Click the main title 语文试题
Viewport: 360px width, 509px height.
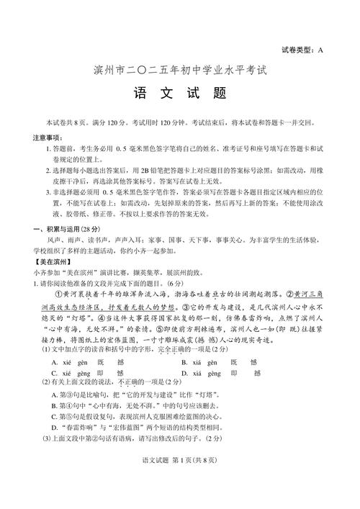(180, 95)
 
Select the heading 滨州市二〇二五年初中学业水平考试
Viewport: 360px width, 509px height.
(180, 71)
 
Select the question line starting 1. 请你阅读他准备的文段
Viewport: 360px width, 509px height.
(108, 284)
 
